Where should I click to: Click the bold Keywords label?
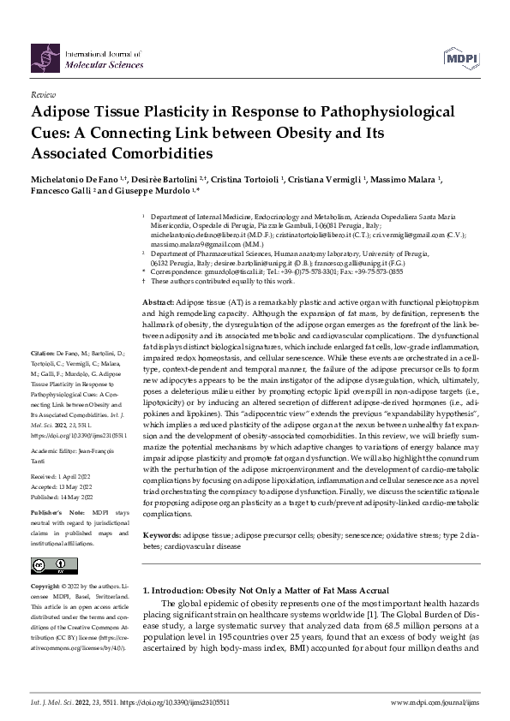161,535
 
